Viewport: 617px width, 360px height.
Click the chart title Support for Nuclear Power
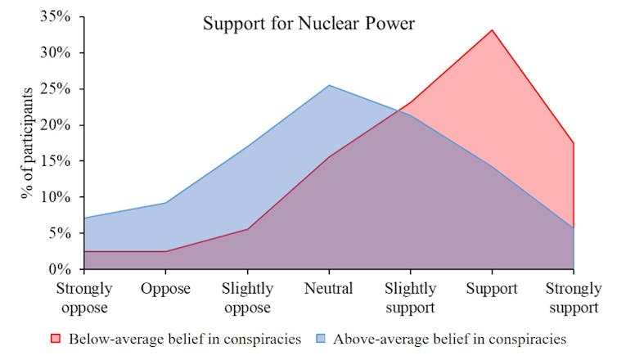coord(309,24)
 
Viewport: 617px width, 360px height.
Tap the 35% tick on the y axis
coord(56,16)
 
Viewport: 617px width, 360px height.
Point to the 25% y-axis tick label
coord(56,88)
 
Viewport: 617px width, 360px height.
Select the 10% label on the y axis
coord(56,197)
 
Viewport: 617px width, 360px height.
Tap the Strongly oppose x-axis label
coord(84,297)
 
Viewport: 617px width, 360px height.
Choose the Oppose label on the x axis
coord(165,289)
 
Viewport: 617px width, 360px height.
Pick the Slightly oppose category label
coord(247,297)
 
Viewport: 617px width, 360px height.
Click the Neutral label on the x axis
coord(328,289)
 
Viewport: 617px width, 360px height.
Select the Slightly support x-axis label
coord(410,297)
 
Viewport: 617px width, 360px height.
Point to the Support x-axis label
coord(492,289)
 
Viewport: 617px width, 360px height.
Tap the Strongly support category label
coord(573,297)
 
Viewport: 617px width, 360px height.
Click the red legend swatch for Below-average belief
coord(56,338)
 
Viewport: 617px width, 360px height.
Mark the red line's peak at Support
coord(492,30)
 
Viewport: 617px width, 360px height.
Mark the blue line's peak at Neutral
coord(328,85)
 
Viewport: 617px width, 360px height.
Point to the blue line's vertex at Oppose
coord(165,203)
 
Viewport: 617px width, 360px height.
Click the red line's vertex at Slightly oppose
coord(247,229)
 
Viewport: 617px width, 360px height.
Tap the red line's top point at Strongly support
coord(573,143)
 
